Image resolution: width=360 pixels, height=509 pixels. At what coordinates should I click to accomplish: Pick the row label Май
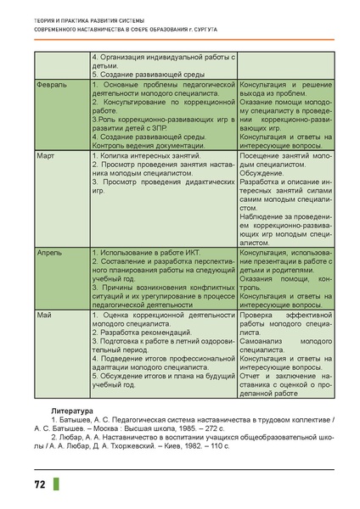coord(40,316)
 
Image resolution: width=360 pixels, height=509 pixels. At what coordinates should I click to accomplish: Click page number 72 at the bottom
coord(39,485)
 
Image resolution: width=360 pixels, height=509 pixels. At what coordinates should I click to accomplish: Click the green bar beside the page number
coord(57,485)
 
